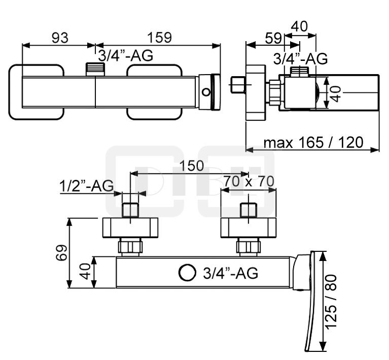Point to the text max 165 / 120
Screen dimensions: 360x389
(313, 143)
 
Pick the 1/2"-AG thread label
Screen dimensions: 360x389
(86, 186)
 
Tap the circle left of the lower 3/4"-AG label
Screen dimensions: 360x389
(187, 273)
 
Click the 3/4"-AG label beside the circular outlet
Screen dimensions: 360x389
(230, 273)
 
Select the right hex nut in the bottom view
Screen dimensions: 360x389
(249, 247)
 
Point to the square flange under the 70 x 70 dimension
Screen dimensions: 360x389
(249, 227)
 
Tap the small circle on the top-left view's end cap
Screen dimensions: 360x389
(205, 92)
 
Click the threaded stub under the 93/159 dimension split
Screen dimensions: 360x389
(94, 70)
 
